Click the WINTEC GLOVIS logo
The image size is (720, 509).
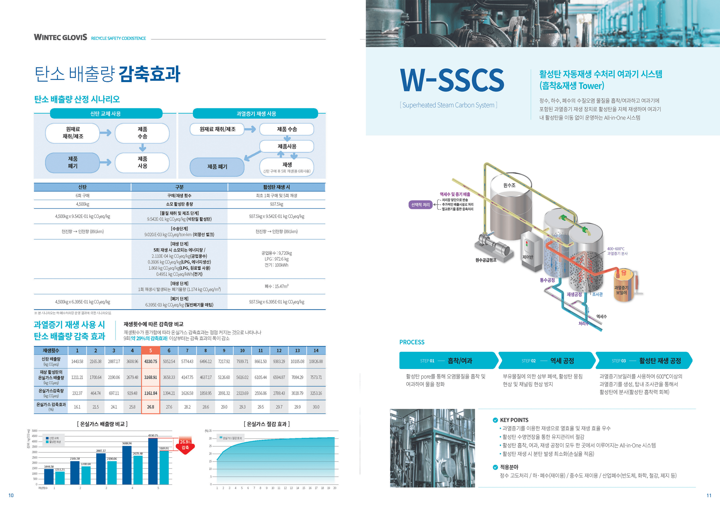(61, 37)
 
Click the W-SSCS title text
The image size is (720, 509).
(452, 80)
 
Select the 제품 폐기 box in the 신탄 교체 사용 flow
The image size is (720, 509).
(73, 163)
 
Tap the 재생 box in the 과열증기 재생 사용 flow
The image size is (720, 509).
(287, 167)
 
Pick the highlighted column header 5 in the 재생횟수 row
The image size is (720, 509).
(151, 350)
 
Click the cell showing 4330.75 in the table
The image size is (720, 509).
(151, 361)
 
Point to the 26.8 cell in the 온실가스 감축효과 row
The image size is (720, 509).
(151, 407)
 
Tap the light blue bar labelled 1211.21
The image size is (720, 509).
(60, 477)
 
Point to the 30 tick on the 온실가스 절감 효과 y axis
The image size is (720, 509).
(210, 438)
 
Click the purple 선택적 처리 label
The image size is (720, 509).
(420, 205)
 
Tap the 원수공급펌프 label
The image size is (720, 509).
(486, 260)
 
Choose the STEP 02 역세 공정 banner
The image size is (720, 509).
(547, 361)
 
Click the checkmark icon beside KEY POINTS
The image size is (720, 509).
(495, 420)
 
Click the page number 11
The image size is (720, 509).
(709, 495)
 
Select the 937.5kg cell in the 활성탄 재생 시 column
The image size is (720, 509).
(276, 204)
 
